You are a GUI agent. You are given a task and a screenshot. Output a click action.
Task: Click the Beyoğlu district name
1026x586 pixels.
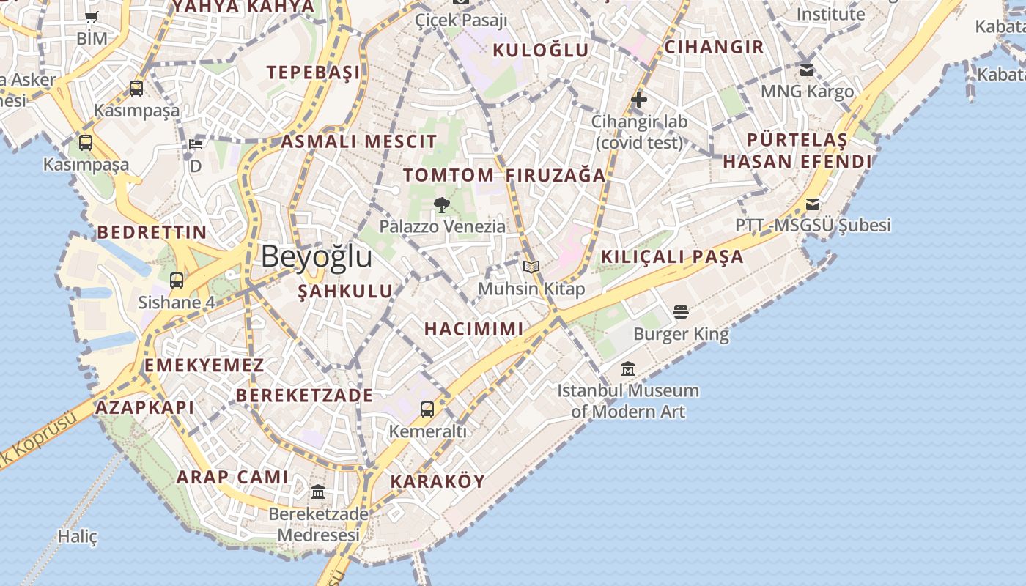pos(317,257)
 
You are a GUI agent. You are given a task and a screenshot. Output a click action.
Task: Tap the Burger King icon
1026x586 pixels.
pos(681,312)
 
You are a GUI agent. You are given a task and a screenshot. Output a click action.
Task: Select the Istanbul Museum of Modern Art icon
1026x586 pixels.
pos(628,368)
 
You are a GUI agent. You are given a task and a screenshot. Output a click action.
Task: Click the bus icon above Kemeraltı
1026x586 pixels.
pos(427,409)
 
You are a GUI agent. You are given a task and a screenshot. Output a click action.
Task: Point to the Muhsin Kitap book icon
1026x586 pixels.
pos(531,267)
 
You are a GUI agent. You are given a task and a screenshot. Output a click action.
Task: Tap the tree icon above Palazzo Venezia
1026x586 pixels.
pos(441,204)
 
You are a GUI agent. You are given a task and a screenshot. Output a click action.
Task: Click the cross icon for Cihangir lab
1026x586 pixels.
pos(639,99)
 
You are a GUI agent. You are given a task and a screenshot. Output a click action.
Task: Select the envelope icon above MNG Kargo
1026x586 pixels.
pos(807,70)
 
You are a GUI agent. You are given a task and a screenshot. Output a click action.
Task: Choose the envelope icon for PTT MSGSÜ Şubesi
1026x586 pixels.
pos(813,204)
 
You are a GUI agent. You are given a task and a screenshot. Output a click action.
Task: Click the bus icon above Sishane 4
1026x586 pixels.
pos(177,280)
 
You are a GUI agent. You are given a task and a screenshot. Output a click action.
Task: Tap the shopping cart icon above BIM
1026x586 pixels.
pos(92,18)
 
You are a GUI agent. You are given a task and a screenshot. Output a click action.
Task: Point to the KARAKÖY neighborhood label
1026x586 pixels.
pos(438,481)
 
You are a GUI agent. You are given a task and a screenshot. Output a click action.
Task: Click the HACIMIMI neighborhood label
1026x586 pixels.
pos(474,329)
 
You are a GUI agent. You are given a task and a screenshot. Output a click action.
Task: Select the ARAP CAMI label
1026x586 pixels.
pos(232,477)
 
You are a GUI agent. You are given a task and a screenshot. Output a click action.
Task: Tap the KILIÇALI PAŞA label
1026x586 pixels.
pos(672,256)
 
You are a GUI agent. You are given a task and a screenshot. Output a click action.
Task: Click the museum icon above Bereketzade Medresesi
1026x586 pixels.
pos(318,492)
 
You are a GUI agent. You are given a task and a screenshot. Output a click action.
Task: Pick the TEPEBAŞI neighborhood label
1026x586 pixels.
pos(314,72)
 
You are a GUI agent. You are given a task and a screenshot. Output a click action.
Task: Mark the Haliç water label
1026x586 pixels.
pos(78,536)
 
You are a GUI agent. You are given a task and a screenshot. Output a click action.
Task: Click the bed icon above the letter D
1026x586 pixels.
pos(196,144)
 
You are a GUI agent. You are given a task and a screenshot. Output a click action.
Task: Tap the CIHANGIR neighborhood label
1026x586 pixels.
pos(714,47)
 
